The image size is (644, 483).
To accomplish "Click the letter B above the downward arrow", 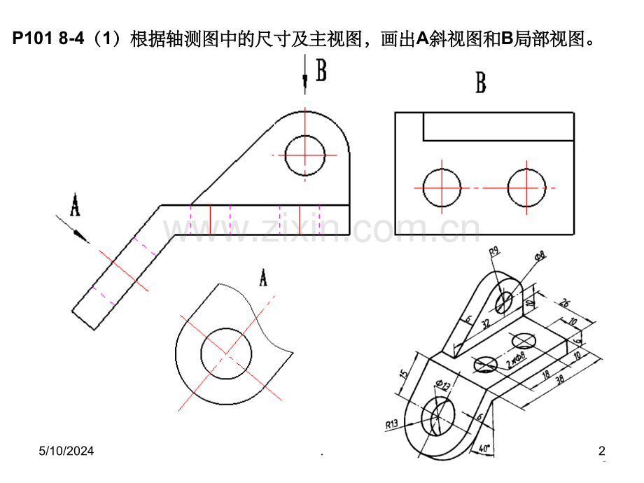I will point(321,71).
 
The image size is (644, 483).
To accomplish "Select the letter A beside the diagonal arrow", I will point(74,206).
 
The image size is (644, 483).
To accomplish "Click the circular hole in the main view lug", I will point(305,153).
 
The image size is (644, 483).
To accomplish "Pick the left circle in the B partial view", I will point(442,188).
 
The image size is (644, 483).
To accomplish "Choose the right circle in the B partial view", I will point(526,188).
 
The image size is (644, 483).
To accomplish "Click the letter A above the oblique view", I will point(263,278).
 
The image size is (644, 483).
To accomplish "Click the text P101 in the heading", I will point(32,39).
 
